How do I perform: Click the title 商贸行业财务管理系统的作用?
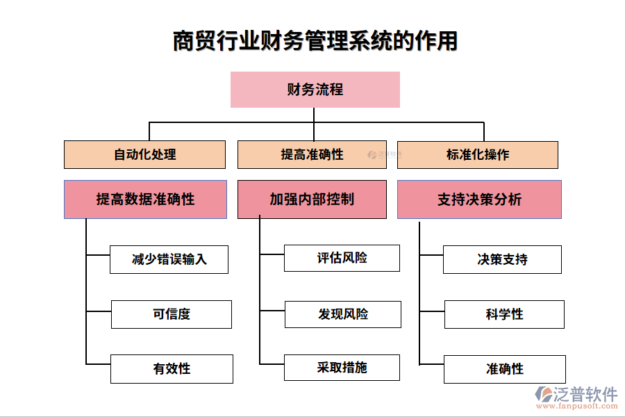coord(315,41)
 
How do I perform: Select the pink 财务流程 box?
coord(315,90)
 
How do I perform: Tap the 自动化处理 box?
coord(144,154)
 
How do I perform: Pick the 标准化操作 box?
coord(477,154)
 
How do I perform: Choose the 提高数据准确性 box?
coord(145,199)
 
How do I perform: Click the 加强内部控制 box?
coord(312,199)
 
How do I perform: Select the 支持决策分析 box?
coord(478,199)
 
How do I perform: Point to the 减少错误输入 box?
coord(169,259)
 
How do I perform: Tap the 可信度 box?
coord(171,314)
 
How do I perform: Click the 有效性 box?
coord(171,369)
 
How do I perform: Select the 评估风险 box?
coord(342,258)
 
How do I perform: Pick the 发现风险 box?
coord(342,314)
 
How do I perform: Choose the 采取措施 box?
coord(342,368)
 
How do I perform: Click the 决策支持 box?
coord(502,259)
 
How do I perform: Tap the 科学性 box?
coord(504,314)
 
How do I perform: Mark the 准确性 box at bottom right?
coord(504,369)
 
